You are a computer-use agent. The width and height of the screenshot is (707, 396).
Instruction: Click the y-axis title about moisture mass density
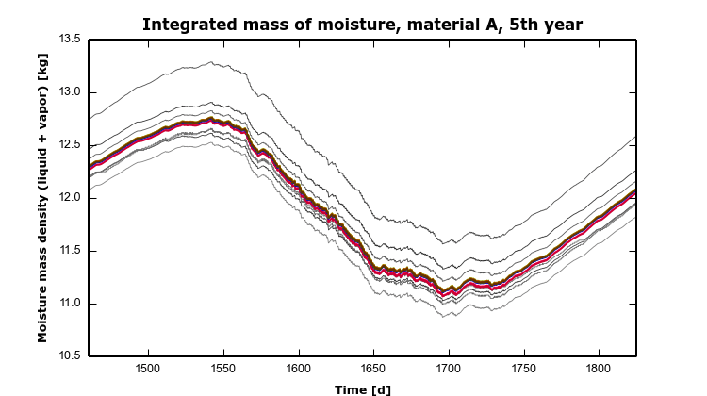43,198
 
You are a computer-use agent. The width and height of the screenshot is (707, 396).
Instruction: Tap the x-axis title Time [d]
363,388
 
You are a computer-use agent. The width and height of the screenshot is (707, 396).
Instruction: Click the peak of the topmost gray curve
211,62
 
